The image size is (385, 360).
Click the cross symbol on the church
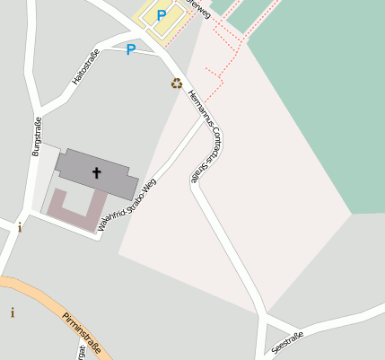click(96, 171)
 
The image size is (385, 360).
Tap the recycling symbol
click(177, 83)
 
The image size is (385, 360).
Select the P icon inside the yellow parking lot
click(162, 15)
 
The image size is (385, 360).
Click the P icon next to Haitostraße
click(131, 49)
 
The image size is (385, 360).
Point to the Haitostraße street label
click(85, 69)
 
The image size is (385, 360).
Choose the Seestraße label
click(287, 342)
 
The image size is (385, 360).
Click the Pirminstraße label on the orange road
click(82, 331)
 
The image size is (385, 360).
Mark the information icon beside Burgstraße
click(20, 227)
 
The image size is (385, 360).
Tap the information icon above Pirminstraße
click(13, 312)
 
